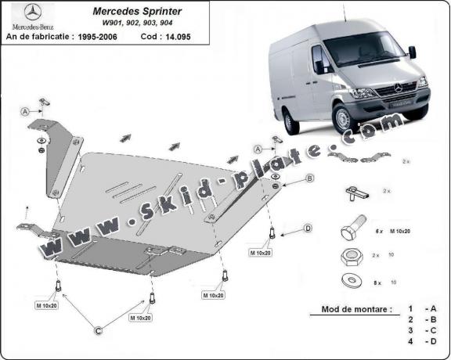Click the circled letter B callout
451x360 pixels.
click(x=309, y=179)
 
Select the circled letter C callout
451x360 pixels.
click(x=99, y=332)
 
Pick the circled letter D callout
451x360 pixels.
click(x=308, y=228)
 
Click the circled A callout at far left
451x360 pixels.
click(x=24, y=111)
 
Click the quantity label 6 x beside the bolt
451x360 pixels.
click(x=378, y=232)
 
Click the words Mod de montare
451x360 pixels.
click(x=356, y=309)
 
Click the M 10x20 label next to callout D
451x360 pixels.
click(x=262, y=253)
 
